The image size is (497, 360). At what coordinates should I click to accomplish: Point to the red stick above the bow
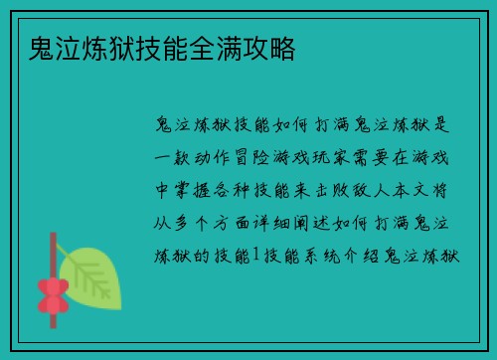point(52,254)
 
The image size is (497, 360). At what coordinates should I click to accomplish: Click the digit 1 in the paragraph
point(256,257)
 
